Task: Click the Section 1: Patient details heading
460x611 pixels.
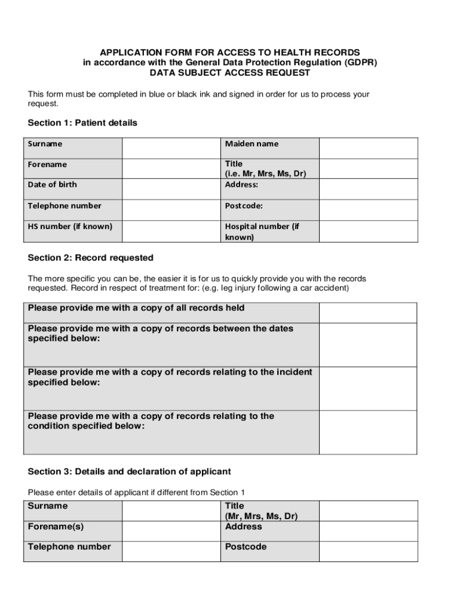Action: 82,123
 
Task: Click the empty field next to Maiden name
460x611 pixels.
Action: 368,147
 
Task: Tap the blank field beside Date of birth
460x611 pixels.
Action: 171,189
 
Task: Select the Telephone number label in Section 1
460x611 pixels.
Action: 65,206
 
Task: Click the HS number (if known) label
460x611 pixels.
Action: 70,227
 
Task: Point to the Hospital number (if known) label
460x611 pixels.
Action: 262,232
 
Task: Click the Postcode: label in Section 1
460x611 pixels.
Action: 244,206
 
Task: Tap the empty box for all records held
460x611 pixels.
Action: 368,312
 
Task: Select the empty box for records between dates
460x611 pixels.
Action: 368,344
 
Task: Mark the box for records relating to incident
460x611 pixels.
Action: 368,388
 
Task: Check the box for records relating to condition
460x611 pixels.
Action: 368,432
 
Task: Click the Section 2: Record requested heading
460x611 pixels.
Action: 91,258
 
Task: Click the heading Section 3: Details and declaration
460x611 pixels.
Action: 129,471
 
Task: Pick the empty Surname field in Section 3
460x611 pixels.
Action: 171,510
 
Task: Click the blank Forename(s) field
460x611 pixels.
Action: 171,530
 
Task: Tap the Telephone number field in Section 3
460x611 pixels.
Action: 171,551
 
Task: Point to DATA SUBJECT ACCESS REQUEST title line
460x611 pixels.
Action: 230,73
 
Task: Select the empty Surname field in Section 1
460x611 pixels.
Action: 171,147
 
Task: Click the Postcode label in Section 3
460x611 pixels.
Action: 246,547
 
